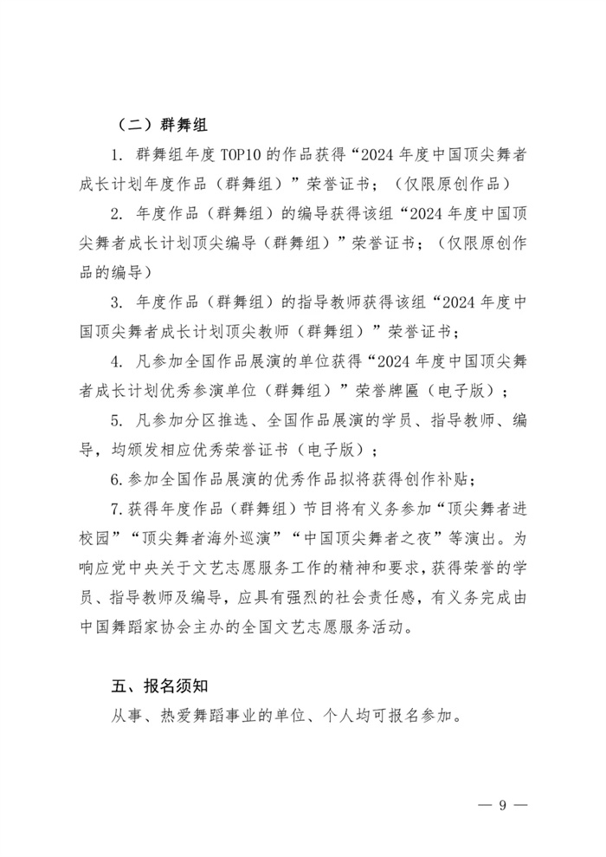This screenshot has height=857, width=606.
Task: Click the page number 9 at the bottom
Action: [501, 805]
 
